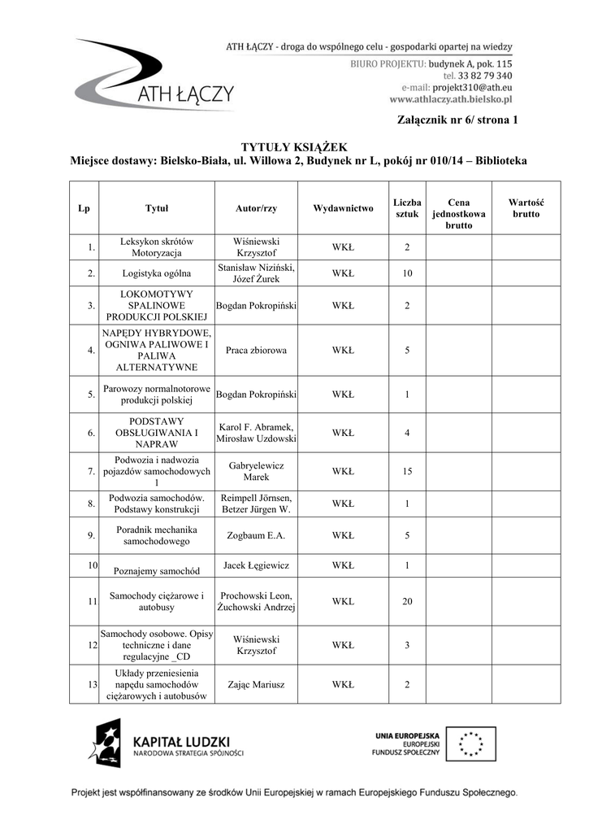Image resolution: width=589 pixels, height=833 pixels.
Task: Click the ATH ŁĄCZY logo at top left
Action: coord(154,77)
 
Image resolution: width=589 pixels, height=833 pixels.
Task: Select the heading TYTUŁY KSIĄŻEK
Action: coord(298,146)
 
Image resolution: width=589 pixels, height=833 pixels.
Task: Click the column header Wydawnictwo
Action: coord(343,208)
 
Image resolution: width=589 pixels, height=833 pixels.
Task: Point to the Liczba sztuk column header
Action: coord(407,208)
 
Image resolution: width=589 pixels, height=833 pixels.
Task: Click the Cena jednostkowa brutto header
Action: coord(458,214)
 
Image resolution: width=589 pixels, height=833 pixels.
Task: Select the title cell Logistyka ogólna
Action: coord(157,273)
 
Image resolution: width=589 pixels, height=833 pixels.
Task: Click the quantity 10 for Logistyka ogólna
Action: coord(407,273)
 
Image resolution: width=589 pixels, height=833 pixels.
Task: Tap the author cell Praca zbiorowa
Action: coord(256,351)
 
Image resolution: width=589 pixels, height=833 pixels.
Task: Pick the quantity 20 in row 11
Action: coord(407,602)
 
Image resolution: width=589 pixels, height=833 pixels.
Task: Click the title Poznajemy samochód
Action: coord(157,571)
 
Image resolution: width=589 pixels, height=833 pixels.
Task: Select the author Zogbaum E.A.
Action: coord(256,536)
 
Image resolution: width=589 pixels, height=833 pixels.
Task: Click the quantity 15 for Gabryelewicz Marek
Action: coord(407,471)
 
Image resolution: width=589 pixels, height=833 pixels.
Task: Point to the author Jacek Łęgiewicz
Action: coord(256,565)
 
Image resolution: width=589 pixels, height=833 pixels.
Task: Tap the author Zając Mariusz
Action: coord(256,685)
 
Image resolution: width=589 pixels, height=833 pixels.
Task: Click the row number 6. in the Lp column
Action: coord(92,433)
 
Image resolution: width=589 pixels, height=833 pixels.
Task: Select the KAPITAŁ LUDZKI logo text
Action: coord(181,743)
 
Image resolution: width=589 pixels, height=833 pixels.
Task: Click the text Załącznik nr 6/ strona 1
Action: coord(457,120)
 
